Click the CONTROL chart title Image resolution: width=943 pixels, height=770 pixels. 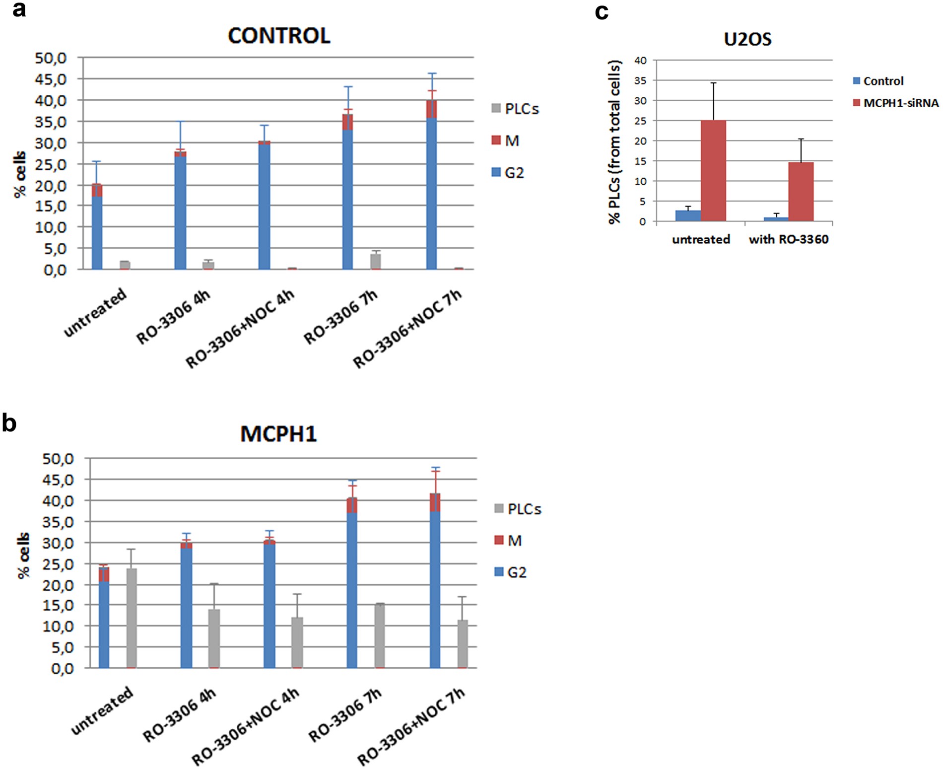pos(279,36)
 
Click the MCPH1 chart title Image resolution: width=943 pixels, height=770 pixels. pos(278,434)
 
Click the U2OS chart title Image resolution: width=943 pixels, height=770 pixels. pos(747,39)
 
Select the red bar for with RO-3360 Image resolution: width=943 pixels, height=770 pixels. pos(801,191)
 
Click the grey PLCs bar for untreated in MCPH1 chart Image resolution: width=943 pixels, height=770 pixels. pos(132,618)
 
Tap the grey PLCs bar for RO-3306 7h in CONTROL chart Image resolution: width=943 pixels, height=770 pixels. pos(376,261)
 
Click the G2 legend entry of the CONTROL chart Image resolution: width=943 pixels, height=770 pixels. pos(508,173)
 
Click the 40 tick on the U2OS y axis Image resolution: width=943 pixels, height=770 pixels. pos(640,61)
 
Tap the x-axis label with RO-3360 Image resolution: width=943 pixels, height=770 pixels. pos(788,240)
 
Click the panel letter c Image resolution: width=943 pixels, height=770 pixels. pos(602,11)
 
